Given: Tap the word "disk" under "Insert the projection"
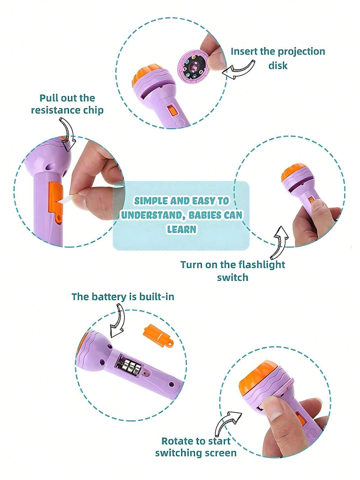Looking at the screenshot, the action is pos(278,65).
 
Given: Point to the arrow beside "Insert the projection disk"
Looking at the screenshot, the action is pos(239,70).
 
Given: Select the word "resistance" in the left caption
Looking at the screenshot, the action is pos(54,110).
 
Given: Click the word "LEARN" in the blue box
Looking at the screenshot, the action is pos(181,229).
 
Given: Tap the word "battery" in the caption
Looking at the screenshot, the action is pos(112,297).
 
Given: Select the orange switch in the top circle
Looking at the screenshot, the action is pos(173,111).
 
